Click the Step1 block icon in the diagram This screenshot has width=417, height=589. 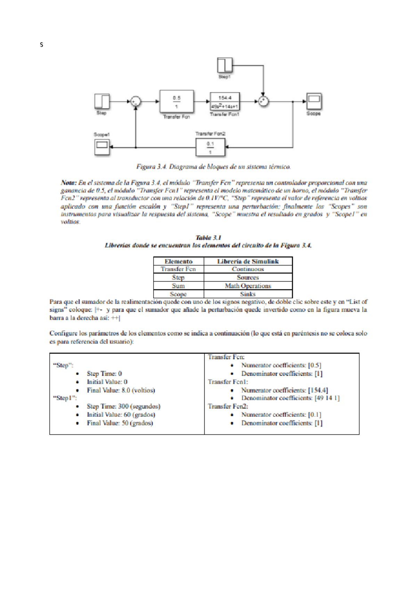(x=224, y=65)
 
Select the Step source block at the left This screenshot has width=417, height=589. (x=102, y=101)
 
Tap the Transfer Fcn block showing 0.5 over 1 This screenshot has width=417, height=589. (x=177, y=102)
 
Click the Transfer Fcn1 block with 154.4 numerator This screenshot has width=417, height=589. (x=225, y=102)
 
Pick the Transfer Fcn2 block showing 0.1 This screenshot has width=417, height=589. (x=210, y=147)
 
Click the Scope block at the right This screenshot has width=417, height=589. (x=314, y=101)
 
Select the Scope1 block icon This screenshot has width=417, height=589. (x=102, y=147)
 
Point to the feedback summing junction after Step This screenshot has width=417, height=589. (x=136, y=101)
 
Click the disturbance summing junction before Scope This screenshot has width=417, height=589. (x=263, y=101)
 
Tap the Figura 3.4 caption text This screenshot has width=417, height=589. (x=213, y=167)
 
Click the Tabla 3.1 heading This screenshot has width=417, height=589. (x=208, y=238)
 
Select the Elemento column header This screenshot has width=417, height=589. (x=178, y=262)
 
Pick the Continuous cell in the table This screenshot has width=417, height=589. (x=248, y=269)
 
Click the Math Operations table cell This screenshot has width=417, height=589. (x=248, y=286)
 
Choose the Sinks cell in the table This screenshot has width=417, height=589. (x=248, y=294)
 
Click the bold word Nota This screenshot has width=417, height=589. (x=68, y=183)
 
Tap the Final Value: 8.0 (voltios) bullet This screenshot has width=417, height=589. (x=121, y=390)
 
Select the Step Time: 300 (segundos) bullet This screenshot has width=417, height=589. (x=123, y=406)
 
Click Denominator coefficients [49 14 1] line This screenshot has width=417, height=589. (x=290, y=398)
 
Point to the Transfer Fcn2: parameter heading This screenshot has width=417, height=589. (x=228, y=406)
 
